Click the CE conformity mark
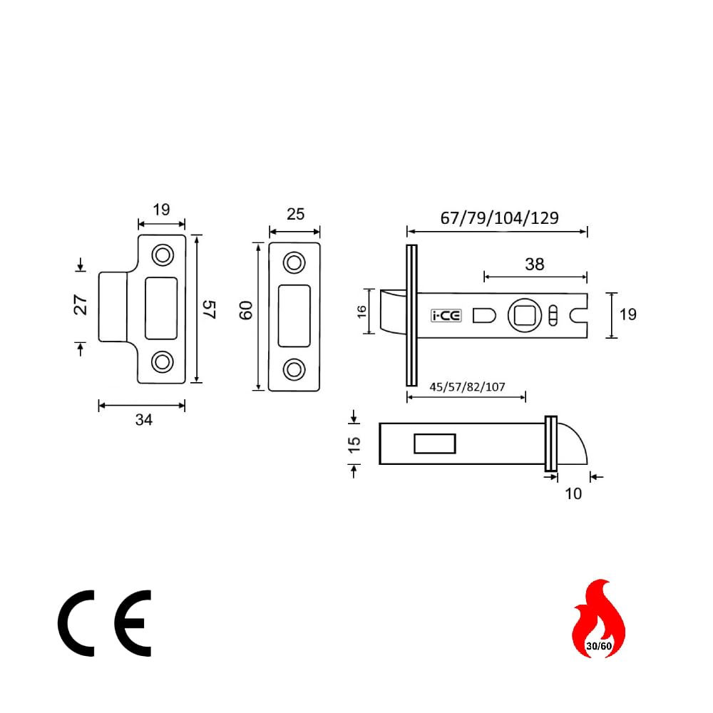104,623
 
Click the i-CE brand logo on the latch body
446,316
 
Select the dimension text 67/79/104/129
499,218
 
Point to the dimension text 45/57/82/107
467,387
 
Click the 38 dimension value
534,265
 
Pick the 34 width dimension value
144,420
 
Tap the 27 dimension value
81,304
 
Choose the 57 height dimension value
209,309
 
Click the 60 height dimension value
245,311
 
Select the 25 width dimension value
296,214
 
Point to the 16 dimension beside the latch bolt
361,312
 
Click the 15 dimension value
354,445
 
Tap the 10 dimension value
573,494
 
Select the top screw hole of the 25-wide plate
294,263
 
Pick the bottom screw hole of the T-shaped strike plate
163,362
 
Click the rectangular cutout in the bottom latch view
435,443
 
